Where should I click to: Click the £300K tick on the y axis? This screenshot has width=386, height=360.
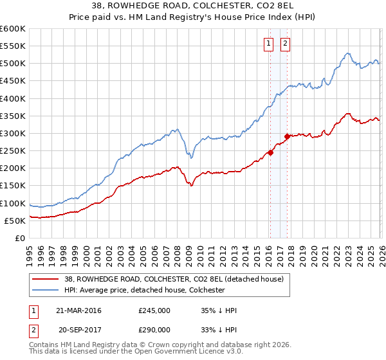click(14, 134)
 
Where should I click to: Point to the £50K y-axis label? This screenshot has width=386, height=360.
click(16, 221)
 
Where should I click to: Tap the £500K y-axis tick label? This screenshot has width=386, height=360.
click(14, 64)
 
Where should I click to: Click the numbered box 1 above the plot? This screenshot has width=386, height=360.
click(268, 44)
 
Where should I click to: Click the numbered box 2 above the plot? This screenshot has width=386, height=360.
click(285, 44)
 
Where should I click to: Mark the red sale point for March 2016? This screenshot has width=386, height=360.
click(270, 153)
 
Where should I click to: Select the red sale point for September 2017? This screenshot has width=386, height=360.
click(287, 137)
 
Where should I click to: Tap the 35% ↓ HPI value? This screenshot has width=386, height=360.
click(219, 310)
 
